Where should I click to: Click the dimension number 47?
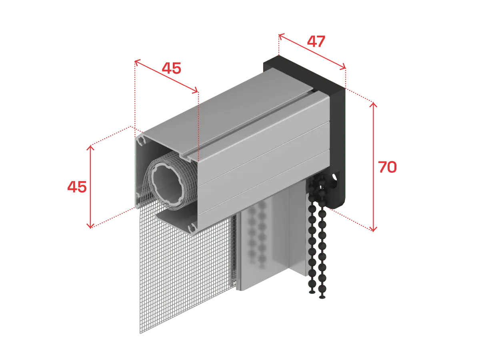pos(316,41)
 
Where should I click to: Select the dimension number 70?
pos(387,167)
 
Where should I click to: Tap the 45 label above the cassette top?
pos(172,68)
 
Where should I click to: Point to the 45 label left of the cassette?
pos(77,187)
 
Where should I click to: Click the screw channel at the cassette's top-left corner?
pos(142,141)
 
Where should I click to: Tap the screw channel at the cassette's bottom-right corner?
pos(192,228)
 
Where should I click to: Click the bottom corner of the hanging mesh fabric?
pos(140,333)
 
